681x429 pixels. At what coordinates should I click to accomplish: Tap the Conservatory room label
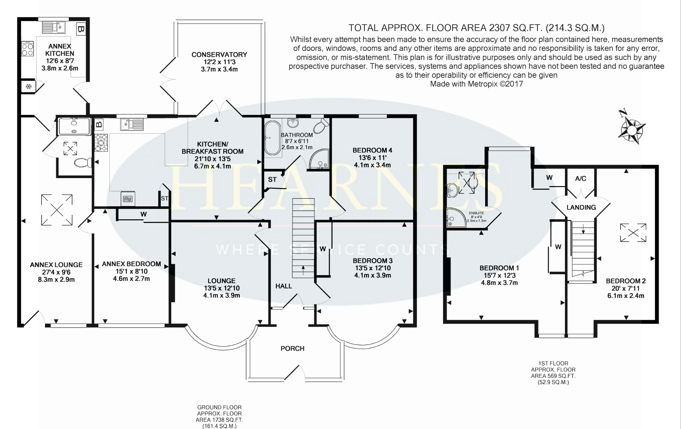(219, 54)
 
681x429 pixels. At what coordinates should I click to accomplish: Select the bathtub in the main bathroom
(272, 138)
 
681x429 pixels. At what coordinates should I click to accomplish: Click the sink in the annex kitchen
(54, 27)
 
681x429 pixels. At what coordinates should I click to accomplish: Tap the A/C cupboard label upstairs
(581, 178)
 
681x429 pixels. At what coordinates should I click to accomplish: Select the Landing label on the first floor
(581, 207)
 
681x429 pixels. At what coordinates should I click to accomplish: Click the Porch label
(292, 348)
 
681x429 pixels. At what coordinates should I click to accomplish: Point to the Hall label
(284, 286)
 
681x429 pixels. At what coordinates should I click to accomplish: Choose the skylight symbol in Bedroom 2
(633, 233)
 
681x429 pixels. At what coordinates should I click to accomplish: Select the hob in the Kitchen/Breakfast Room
(101, 143)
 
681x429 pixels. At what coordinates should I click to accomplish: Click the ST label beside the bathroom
(272, 179)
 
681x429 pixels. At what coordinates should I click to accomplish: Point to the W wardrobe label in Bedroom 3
(323, 249)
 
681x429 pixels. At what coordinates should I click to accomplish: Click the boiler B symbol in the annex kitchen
(80, 30)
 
